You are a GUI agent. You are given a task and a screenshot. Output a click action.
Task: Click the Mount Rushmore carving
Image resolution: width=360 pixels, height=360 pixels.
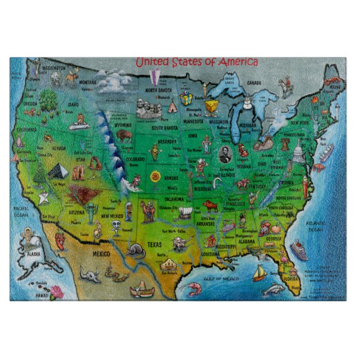pyautogui.click(x=146, y=105)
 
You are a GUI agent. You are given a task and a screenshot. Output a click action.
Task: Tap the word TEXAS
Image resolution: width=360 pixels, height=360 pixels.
pyautogui.click(x=155, y=244)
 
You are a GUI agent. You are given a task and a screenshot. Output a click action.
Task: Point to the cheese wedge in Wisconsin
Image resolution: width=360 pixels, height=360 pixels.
pyautogui.click(x=210, y=106)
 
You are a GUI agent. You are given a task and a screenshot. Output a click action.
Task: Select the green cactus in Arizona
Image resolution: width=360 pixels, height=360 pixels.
pyautogui.click(x=90, y=212)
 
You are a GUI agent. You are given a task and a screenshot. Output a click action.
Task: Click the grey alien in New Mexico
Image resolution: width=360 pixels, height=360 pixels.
pyautogui.click(x=117, y=225)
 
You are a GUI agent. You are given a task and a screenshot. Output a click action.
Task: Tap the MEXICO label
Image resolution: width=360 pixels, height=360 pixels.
pyautogui.click(x=94, y=254)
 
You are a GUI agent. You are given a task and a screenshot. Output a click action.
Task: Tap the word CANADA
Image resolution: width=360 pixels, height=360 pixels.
pyautogui.click(x=255, y=84)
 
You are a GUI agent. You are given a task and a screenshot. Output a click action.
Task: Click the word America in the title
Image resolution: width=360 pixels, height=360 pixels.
pyautogui.click(x=230, y=61)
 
